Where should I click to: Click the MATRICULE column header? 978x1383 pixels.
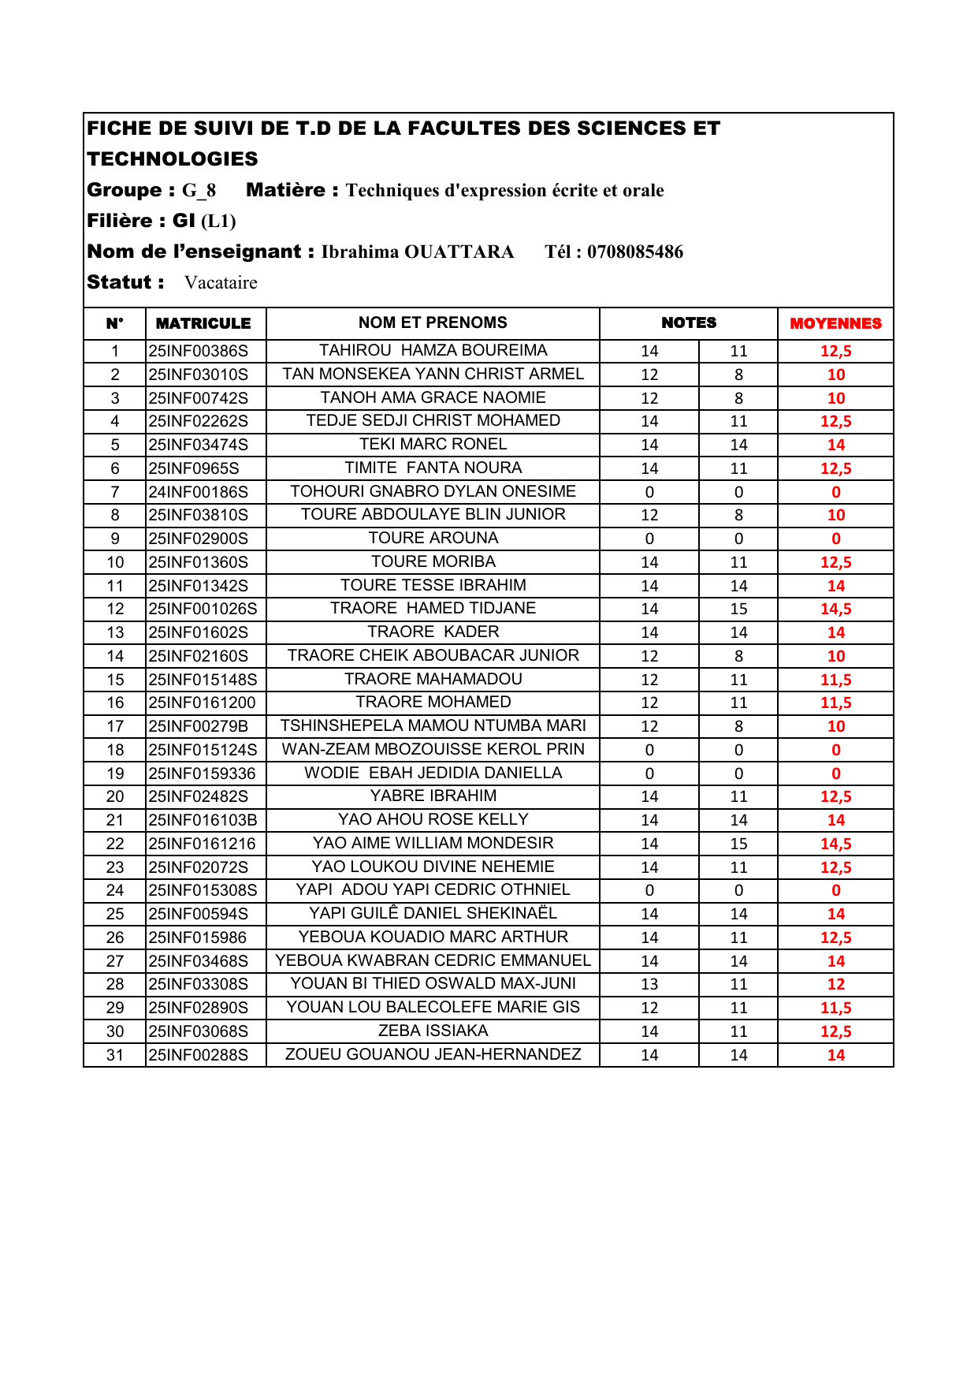click(203, 323)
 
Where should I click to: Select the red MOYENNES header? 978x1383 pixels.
click(835, 323)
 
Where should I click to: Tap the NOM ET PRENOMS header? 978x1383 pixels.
click(433, 322)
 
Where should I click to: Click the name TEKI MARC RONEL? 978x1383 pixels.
click(433, 444)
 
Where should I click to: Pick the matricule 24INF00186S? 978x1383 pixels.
click(199, 492)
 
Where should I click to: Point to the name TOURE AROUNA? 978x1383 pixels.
click(433, 538)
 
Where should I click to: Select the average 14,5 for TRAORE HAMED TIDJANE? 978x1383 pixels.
click(835, 609)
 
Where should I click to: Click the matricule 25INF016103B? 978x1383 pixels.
click(203, 820)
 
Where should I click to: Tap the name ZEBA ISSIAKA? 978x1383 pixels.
click(433, 1031)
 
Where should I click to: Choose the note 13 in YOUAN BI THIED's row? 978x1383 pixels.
click(649, 984)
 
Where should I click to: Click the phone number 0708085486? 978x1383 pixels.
click(634, 252)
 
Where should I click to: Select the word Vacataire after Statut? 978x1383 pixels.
click(221, 283)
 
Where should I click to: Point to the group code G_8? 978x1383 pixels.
click(199, 191)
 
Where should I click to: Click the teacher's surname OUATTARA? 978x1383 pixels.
click(459, 252)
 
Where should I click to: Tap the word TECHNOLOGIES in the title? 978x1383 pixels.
click(173, 159)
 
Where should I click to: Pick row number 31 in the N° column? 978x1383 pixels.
click(115, 1055)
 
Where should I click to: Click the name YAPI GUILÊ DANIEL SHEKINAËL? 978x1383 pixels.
click(433, 913)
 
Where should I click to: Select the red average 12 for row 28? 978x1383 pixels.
click(835, 984)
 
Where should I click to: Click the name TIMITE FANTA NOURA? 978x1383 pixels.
click(433, 468)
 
